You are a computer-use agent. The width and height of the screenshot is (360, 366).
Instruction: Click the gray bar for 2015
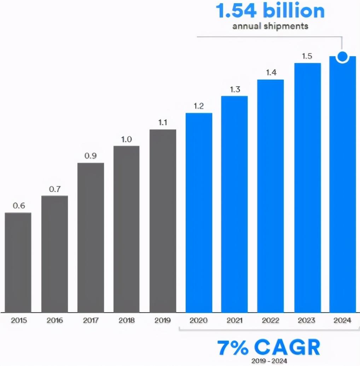[x=18, y=262]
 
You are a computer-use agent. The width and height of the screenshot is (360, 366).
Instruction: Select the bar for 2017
[x=91, y=237]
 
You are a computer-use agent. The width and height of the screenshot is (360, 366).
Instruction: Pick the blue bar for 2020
[x=199, y=212]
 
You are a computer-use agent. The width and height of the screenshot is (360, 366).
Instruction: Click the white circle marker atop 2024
[x=342, y=56]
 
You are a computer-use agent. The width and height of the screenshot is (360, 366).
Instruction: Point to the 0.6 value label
[x=19, y=206]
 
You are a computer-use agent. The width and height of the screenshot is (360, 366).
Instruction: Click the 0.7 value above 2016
[x=55, y=189]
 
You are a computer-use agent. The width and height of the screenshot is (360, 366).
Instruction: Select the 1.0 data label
[x=126, y=139]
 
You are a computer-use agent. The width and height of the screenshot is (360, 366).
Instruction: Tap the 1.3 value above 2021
[x=235, y=89]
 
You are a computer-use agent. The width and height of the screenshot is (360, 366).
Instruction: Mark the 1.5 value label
[x=307, y=56]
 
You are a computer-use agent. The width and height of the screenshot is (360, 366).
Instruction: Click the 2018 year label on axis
[x=127, y=321]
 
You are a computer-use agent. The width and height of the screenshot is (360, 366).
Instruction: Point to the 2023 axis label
[x=307, y=321]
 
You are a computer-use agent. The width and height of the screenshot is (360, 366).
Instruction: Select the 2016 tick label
[x=54, y=321]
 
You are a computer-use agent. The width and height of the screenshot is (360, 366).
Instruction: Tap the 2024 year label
[x=342, y=321]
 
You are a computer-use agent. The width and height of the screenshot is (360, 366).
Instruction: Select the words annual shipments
[x=270, y=26]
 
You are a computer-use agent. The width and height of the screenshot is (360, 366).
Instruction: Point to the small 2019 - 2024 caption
[x=269, y=361]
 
